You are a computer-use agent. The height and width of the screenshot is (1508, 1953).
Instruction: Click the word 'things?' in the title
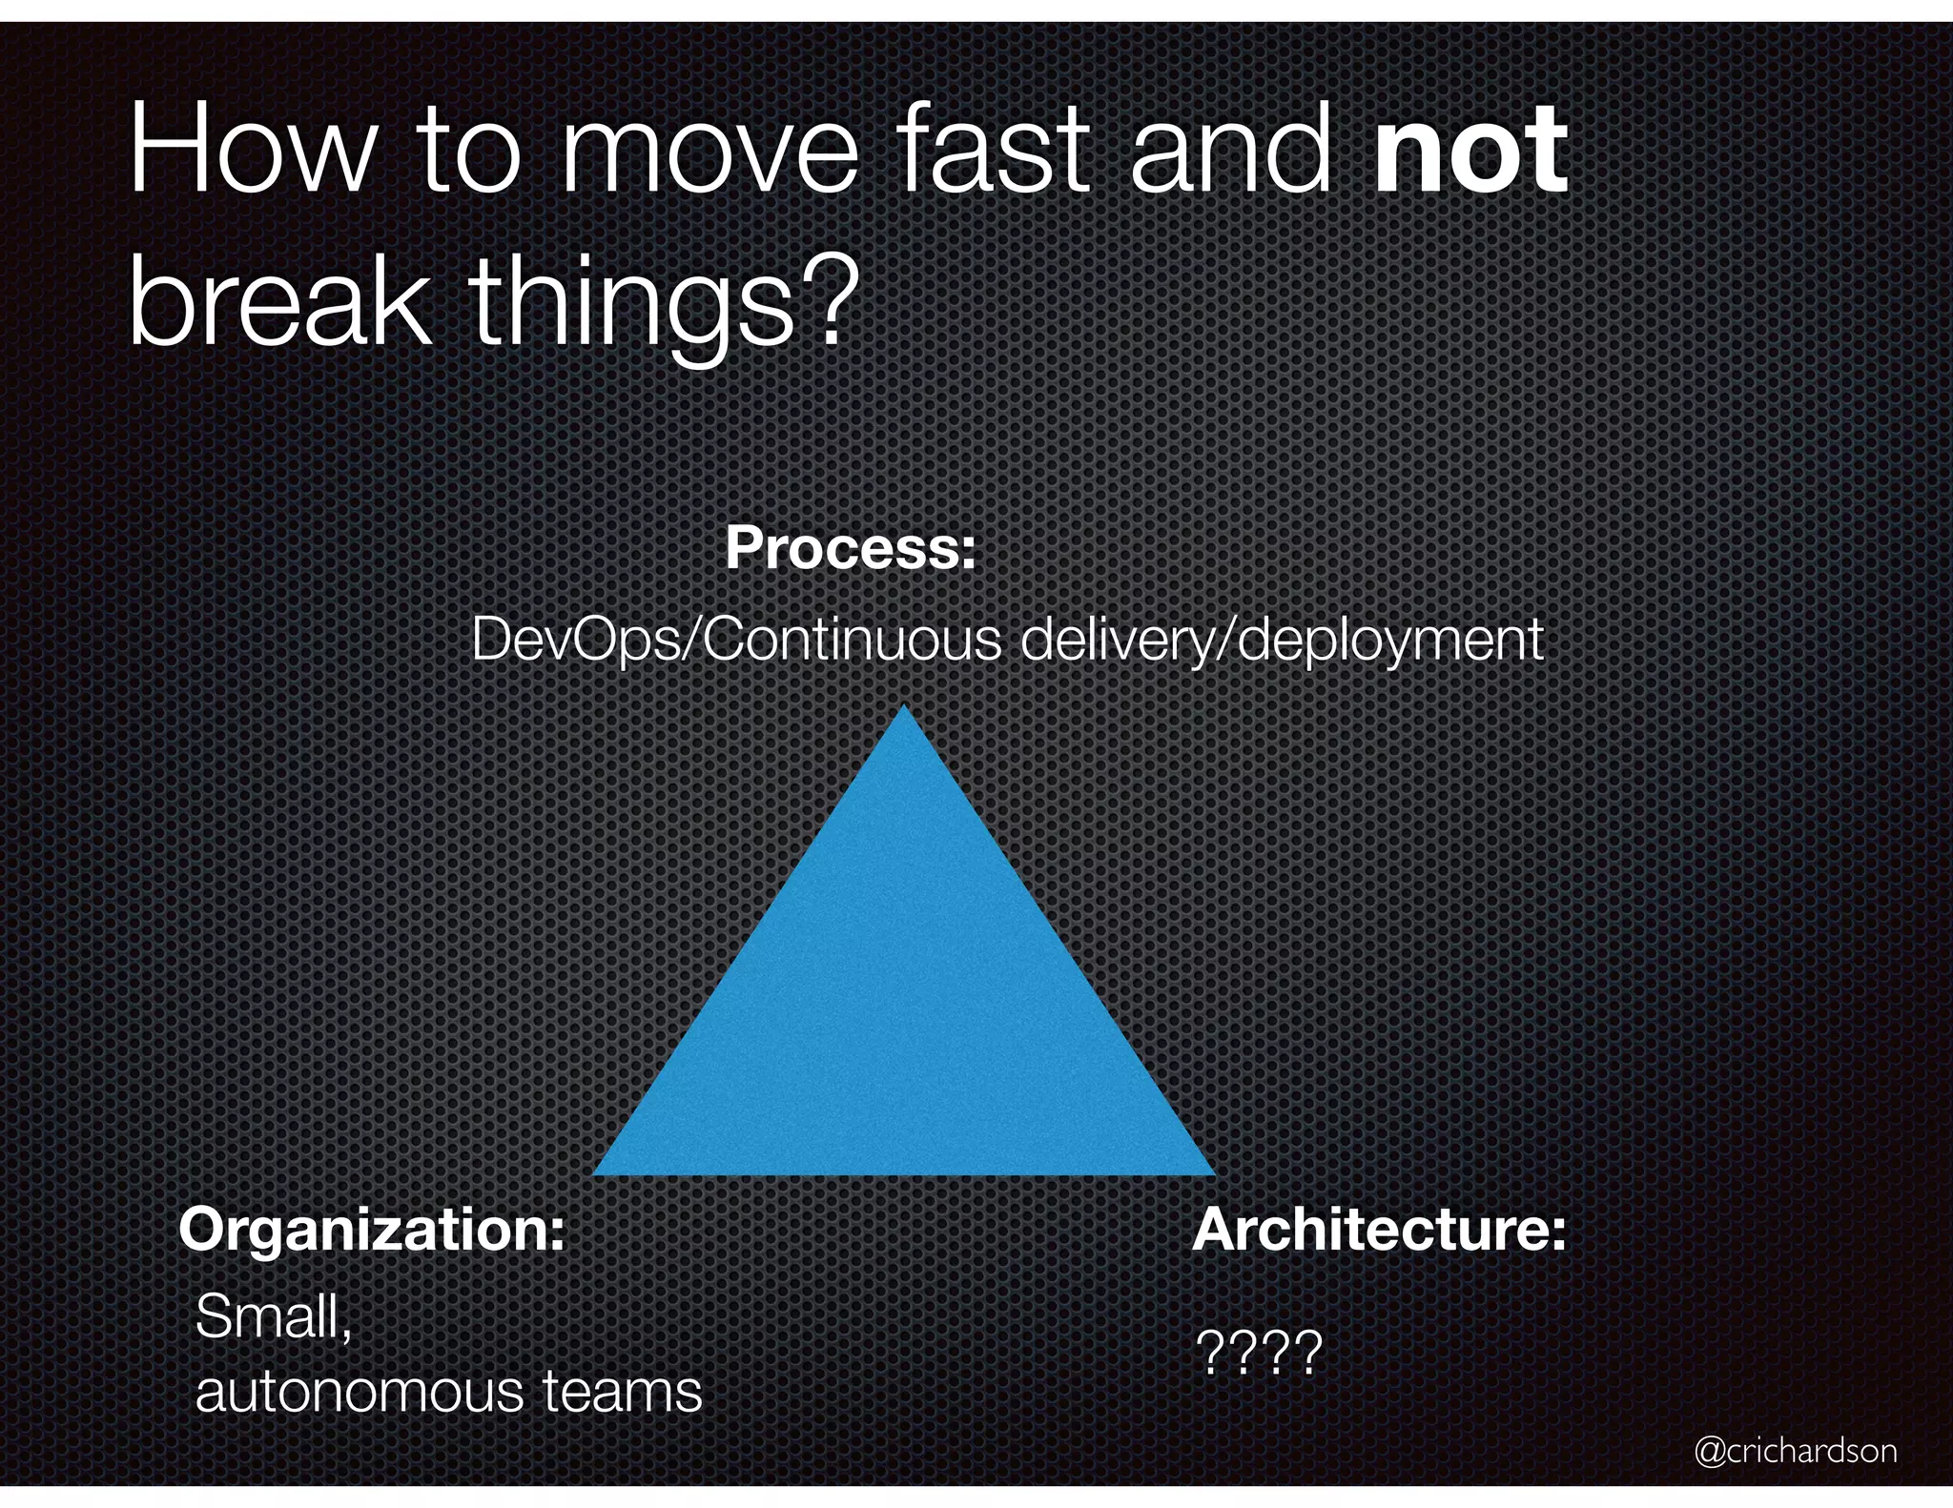(657, 303)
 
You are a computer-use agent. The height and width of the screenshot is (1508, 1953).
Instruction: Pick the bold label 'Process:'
(851, 549)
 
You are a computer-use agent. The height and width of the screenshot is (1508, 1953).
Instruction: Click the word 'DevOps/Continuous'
(735, 640)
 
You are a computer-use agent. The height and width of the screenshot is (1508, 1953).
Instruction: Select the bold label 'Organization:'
(372, 1230)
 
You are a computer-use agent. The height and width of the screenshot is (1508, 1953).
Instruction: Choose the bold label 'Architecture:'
(1379, 1230)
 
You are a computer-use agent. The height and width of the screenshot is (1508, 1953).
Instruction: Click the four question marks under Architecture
(1259, 1353)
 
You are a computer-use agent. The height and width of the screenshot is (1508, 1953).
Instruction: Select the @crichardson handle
(1796, 1452)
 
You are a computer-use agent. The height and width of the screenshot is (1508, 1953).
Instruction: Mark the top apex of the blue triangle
(904, 708)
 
